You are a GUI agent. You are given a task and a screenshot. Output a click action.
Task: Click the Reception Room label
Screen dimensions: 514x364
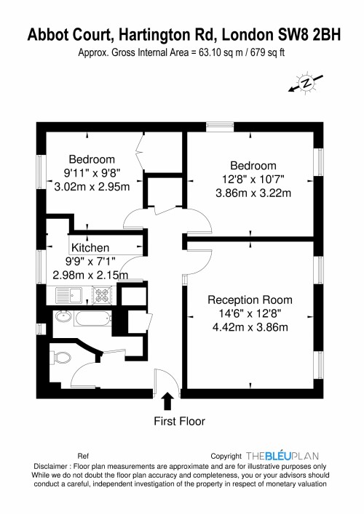pos(250,300)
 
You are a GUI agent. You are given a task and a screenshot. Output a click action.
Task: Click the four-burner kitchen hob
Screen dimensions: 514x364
pos(102,296)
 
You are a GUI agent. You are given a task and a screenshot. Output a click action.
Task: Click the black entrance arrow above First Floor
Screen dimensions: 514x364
pos(168,401)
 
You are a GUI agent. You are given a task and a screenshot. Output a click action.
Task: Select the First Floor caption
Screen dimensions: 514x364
pos(180,420)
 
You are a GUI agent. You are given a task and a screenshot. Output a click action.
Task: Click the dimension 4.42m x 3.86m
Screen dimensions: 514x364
pos(250,326)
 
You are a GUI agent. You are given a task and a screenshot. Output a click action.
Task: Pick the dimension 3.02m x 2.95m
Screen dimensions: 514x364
pos(92,187)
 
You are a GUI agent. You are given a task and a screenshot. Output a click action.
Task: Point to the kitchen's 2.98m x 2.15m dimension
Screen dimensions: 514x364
pos(90,275)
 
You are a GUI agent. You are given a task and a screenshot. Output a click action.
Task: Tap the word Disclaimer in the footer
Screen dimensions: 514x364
pos(50,467)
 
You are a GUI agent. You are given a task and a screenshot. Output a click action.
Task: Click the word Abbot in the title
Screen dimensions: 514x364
pos(50,34)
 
